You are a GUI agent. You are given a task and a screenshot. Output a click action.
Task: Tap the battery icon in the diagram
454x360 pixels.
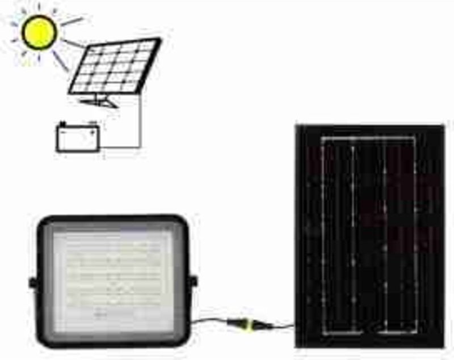78,138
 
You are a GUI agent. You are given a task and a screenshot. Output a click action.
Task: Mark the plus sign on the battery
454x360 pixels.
91,132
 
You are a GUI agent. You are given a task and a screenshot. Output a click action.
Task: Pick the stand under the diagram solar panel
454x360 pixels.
99,101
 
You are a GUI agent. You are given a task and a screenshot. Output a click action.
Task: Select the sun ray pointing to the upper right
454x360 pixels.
72,22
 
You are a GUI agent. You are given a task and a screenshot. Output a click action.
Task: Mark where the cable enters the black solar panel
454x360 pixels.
295,326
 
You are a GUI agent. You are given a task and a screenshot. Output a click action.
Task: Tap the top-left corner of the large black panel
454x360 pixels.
297,125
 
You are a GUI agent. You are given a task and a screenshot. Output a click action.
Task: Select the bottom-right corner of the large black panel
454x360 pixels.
444,346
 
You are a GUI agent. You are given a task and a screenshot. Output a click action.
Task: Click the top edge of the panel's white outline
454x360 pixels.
369,138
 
